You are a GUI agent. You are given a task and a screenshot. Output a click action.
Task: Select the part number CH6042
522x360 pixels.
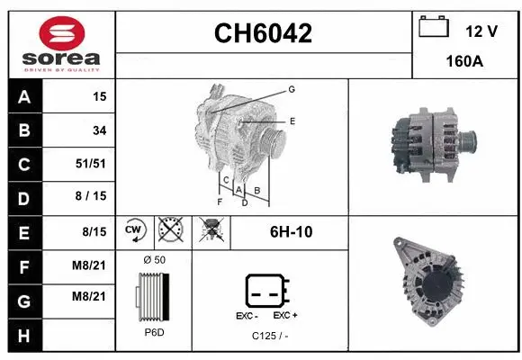click(263, 33)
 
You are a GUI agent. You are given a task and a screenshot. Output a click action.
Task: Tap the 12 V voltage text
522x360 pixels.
click(481, 31)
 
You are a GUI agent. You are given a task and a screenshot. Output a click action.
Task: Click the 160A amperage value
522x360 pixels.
click(466, 64)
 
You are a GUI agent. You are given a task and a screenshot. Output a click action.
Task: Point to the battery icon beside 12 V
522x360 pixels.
click(434, 27)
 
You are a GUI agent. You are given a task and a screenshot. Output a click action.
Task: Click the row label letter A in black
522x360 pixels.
click(22, 96)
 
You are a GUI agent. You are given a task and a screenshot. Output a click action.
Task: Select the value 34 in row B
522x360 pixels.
click(99, 130)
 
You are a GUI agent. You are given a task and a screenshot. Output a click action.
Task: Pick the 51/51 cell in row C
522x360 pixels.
click(93, 164)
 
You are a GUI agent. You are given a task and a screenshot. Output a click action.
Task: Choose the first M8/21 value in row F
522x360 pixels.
click(93, 265)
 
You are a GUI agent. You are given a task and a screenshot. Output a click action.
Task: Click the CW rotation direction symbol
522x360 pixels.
click(134, 231)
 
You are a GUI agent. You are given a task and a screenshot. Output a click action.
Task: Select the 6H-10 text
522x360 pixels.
click(291, 231)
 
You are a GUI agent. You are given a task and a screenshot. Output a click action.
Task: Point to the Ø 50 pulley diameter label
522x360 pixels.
click(154, 260)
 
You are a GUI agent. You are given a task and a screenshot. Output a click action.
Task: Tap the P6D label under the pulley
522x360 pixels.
click(154, 332)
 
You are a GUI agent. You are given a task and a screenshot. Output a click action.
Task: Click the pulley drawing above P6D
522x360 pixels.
click(153, 296)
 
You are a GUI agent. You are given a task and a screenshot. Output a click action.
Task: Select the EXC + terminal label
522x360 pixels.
click(285, 316)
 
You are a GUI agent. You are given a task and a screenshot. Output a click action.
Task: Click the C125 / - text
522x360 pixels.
click(270, 336)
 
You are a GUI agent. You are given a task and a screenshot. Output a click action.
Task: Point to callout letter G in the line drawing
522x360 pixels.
click(292, 89)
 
